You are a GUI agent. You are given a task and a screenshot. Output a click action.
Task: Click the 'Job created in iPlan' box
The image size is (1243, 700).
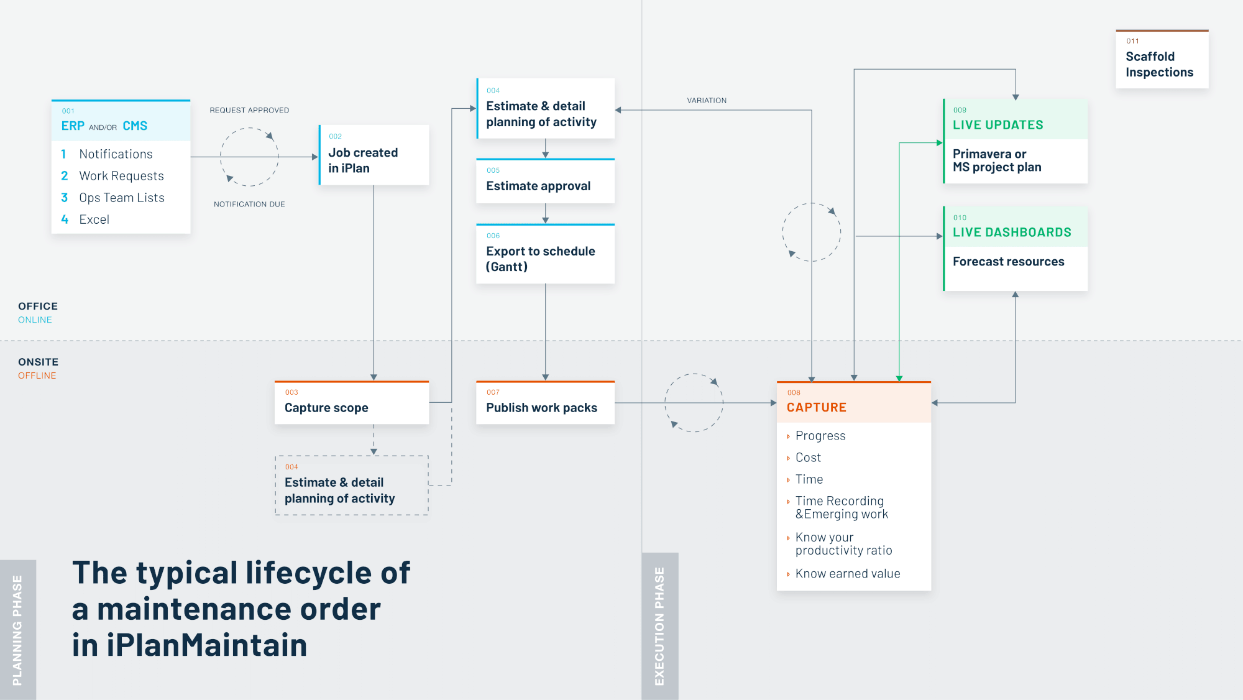(374, 155)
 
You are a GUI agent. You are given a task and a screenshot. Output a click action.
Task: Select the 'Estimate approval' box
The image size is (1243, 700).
(545, 182)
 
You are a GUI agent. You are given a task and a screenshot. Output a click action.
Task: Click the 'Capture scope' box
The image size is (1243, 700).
(352, 403)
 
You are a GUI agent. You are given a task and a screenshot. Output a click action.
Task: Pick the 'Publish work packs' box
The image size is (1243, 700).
(545, 403)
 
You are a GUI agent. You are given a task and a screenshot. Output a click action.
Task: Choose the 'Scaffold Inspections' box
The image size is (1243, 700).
(1162, 60)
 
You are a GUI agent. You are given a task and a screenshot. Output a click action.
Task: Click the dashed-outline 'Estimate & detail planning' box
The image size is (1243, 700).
(352, 486)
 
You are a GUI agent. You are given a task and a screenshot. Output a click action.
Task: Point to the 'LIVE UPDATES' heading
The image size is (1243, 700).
(998, 125)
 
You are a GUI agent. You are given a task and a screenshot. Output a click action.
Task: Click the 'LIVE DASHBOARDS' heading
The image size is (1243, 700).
(1012, 233)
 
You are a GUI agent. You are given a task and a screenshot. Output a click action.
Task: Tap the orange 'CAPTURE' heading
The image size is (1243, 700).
(816, 407)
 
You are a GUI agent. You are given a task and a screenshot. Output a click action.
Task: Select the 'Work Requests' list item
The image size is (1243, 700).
(121, 176)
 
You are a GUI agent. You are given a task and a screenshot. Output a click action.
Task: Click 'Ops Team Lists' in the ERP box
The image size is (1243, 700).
(122, 198)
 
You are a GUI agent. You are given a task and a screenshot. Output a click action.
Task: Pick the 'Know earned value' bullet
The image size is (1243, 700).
(847, 574)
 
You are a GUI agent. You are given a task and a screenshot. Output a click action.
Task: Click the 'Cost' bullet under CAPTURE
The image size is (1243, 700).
(808, 458)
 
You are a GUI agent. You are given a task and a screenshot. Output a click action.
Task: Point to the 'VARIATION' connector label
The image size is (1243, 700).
(707, 100)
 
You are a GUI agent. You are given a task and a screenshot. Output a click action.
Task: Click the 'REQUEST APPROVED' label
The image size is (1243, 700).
(249, 110)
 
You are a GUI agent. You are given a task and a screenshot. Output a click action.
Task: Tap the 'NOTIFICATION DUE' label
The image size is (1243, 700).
(249, 204)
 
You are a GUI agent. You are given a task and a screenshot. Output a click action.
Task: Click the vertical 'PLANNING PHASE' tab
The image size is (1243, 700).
(17, 630)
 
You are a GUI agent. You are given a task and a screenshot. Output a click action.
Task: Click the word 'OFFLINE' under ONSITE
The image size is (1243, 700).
(37, 375)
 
